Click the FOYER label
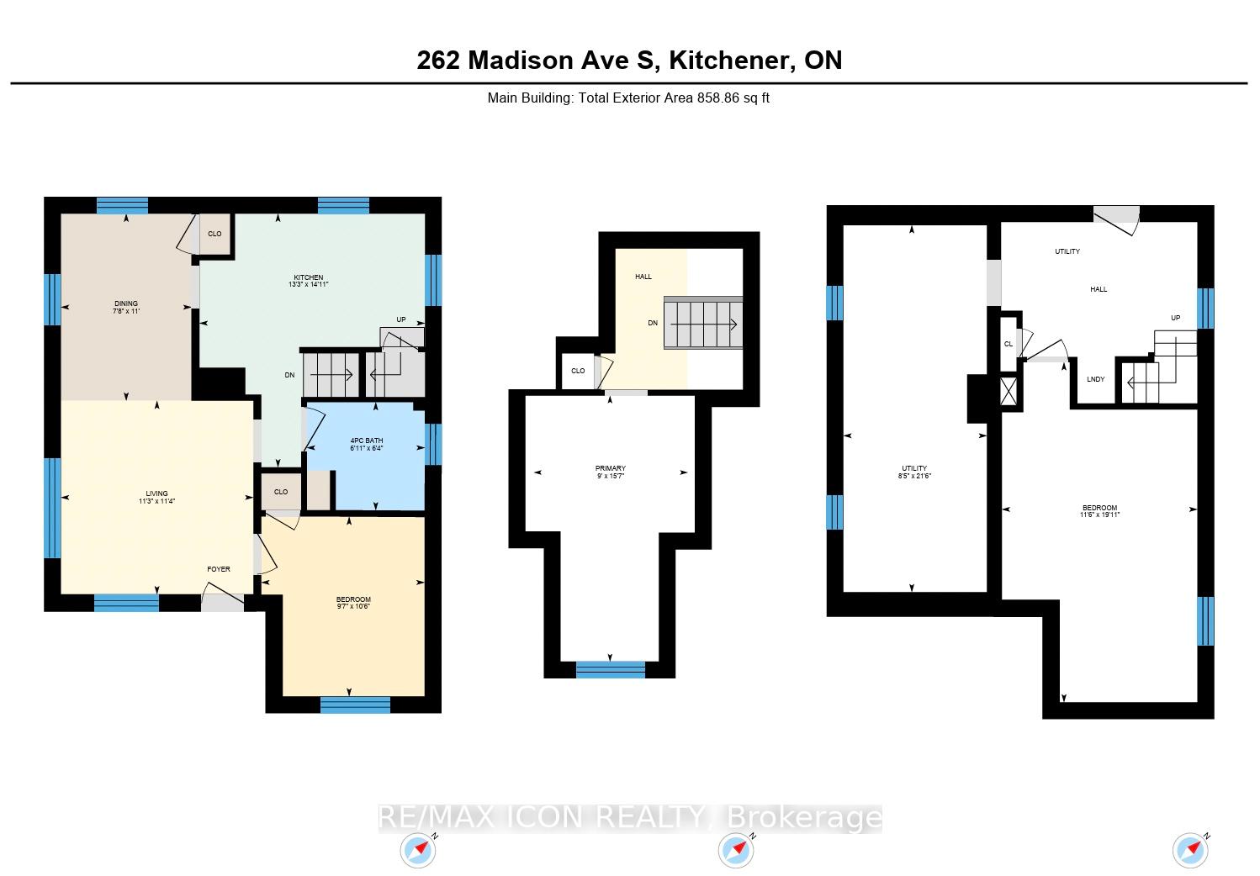pos(219,569)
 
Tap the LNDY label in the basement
pos(1096,379)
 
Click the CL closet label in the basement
pos(1009,344)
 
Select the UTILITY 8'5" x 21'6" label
pos(914,472)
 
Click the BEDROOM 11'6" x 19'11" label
pos(1099,511)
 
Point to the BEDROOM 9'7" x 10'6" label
pos(354,603)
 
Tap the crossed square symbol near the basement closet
pos(1009,391)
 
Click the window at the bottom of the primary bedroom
pos(611,669)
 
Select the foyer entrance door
pos(223,597)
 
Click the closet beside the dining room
pos(214,235)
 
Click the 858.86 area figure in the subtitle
pos(718,98)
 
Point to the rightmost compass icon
pos(1190,850)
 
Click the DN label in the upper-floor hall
pos(653,324)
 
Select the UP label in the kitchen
pos(401,319)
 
